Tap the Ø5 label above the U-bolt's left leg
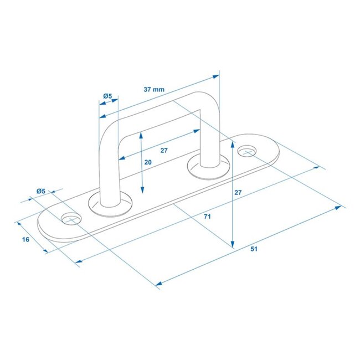point(107,96)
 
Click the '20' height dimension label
point(148,162)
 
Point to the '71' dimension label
point(207,217)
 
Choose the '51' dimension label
point(254,249)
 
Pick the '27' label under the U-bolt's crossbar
point(164,150)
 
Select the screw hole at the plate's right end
point(248,150)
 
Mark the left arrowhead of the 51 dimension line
point(158,284)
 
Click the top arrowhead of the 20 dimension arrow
point(143,135)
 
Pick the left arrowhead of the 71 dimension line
point(78,261)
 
